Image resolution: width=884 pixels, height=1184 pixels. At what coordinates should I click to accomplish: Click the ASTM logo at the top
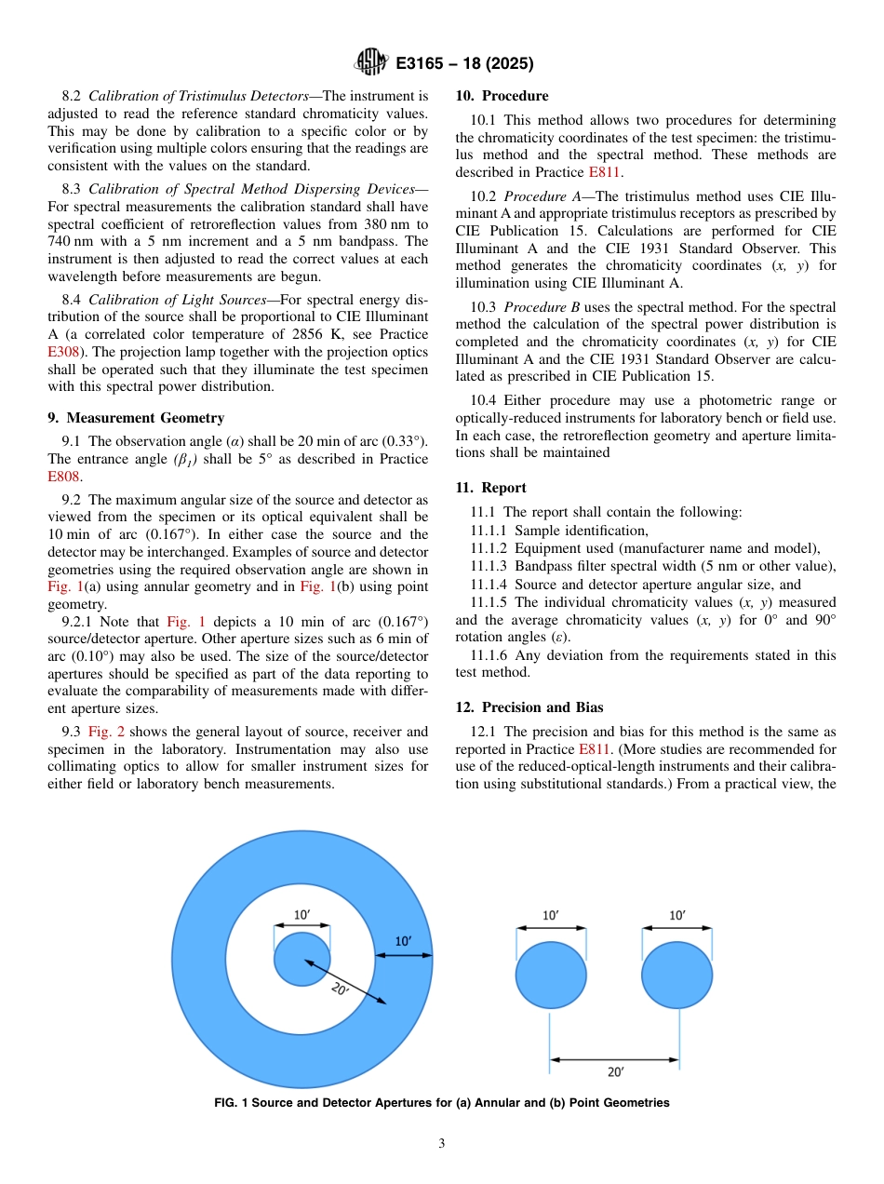coord(371,63)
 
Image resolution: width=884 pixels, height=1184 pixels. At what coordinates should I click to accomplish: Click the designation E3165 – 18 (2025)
coord(463,64)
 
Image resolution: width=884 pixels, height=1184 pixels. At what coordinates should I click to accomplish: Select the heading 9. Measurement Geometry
coord(136,418)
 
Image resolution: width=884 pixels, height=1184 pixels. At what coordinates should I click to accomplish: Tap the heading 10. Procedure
coord(502,96)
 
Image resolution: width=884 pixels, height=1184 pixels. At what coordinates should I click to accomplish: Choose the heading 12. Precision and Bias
coord(529,707)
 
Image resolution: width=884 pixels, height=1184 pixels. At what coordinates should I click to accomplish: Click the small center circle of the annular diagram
coord(301,959)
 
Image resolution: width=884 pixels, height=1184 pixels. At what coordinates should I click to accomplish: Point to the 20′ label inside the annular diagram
coord(341,989)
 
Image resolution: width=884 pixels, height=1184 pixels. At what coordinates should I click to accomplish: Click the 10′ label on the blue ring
coord(404,941)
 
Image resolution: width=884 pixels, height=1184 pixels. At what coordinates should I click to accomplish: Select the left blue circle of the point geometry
coord(551,975)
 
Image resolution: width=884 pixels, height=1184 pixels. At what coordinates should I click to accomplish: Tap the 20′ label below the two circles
coord(615,1072)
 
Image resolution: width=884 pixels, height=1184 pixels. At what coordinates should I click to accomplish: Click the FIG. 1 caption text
coord(441,1103)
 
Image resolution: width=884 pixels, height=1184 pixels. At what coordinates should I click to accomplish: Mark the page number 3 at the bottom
coord(442,1144)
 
